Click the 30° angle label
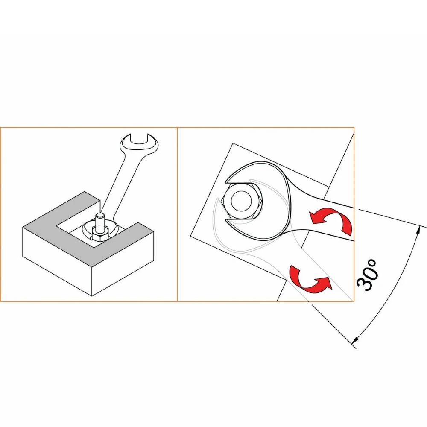pos(367,275)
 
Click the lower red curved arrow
pos(309,280)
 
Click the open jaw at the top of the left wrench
pos(139,138)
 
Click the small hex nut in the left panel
pos(99,234)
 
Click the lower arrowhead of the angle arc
pos(354,340)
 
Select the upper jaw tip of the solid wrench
pos(226,182)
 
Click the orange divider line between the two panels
pos(177,214)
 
